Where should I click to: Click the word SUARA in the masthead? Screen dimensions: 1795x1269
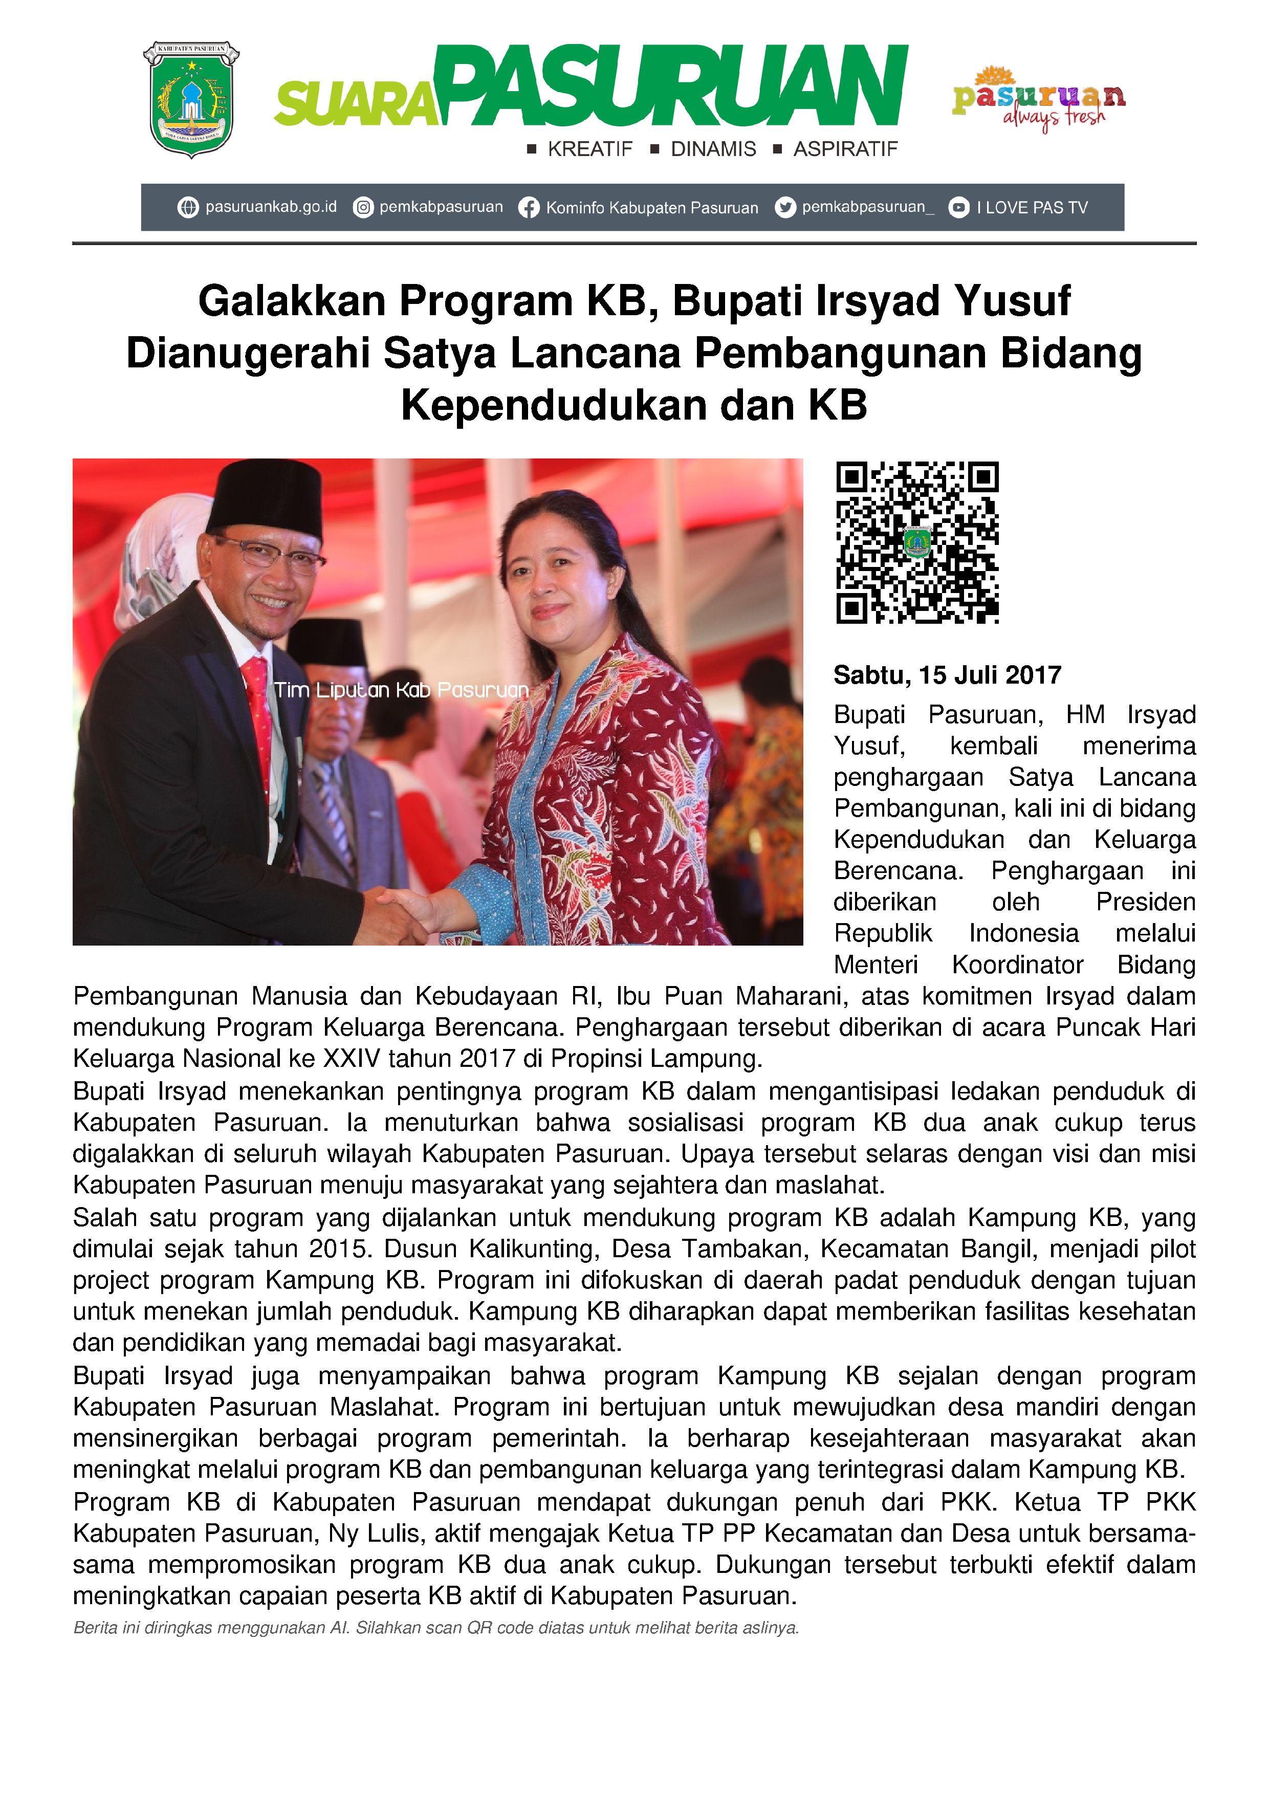point(356,105)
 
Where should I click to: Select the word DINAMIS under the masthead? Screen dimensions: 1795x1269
point(713,149)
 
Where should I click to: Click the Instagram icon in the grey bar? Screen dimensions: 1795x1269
point(363,207)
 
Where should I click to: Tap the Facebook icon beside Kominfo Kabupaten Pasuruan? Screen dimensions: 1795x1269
point(529,208)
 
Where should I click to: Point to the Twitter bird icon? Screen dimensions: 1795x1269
point(785,207)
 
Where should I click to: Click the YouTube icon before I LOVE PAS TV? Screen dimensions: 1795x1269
point(958,207)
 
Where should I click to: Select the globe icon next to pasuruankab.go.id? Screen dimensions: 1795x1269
point(188,207)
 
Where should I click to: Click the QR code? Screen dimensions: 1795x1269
point(917,542)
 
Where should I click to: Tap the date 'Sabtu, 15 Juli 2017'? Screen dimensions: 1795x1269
point(947,675)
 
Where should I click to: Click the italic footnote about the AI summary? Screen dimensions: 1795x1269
point(435,1629)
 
